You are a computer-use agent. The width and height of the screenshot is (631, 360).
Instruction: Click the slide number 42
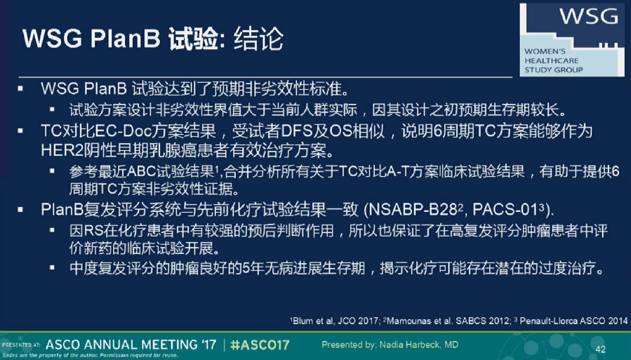click(600, 349)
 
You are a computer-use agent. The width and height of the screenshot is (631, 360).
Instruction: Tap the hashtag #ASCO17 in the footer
click(260, 345)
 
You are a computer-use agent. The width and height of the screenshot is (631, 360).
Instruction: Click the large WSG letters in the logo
click(588, 16)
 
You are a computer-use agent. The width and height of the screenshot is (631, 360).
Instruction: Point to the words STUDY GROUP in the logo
click(553, 69)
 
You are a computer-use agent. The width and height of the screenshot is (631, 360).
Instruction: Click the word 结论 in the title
click(259, 39)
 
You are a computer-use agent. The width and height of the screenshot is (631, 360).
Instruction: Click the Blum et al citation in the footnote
click(335, 321)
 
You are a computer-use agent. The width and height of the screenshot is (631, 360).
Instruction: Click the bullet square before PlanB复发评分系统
click(20, 210)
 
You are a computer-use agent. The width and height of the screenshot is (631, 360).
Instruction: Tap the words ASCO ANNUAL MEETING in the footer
click(131, 345)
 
